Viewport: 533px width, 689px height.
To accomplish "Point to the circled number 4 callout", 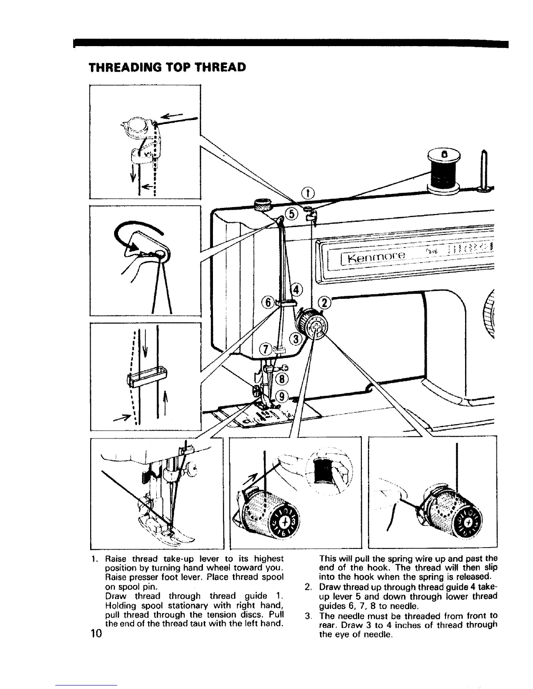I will point(296,288).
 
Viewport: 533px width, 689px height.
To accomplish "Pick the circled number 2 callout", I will point(325,303).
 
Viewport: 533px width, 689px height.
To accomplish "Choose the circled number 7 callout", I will point(265,349).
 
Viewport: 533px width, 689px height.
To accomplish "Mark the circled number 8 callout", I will point(282,378).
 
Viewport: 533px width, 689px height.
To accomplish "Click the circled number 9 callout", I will point(282,395).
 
